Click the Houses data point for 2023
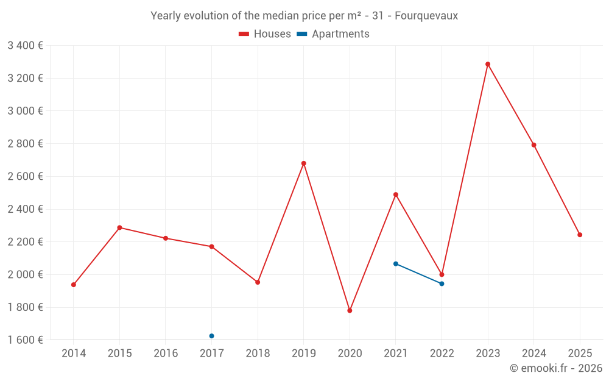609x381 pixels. (x=488, y=64)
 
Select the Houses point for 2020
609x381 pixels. (x=350, y=310)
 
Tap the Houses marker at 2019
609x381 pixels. (x=304, y=163)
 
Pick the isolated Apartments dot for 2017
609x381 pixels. (x=211, y=336)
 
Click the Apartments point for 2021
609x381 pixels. (x=396, y=264)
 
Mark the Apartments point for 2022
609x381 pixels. (x=442, y=283)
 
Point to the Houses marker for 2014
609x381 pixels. (x=74, y=285)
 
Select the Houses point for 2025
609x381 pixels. (x=580, y=235)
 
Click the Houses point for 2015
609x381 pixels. (x=119, y=227)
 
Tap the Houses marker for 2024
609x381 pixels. (x=534, y=145)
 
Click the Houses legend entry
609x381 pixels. (x=265, y=34)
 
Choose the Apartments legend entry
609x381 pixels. (x=333, y=34)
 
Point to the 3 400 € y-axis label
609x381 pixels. (x=25, y=45)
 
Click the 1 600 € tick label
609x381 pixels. (x=25, y=340)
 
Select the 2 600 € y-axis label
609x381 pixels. (x=25, y=176)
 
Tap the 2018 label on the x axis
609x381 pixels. (x=258, y=354)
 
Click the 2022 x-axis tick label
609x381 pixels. (x=442, y=354)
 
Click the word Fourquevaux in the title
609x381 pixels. (x=426, y=16)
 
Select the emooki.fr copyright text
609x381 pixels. (x=556, y=368)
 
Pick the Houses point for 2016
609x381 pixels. (x=166, y=238)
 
